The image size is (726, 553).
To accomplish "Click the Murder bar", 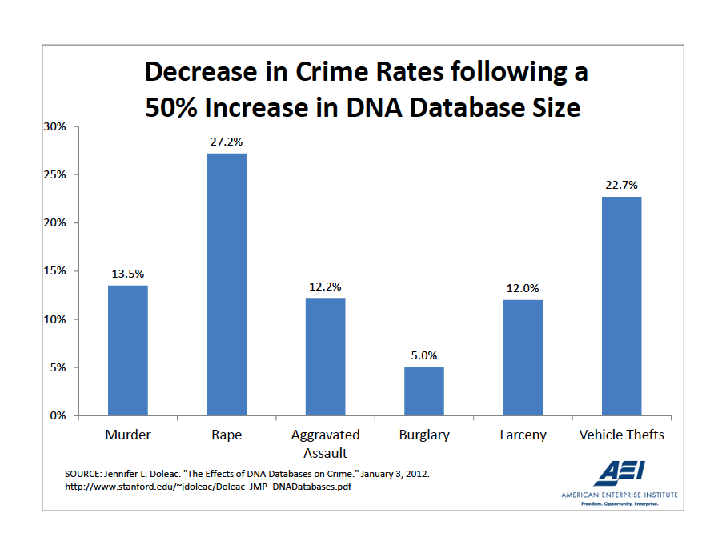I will tap(128, 351).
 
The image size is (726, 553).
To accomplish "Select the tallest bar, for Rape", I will tap(227, 284).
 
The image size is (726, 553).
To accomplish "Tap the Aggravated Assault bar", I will tap(326, 357).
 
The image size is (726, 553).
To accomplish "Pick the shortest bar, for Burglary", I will tap(424, 391).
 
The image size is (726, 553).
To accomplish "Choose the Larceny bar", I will tap(523, 358).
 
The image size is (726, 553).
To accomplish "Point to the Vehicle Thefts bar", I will tap(622, 306).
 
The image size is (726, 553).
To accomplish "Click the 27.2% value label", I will tap(227, 142).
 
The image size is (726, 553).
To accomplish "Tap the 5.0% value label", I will tap(424, 355).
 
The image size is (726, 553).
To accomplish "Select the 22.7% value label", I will tap(622, 185).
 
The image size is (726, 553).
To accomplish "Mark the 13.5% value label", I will tap(128, 274).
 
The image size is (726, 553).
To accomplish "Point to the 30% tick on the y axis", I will tap(56, 126).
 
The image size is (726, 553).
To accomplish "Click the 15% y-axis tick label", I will tap(56, 271).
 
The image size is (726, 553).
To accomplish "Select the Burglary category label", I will tap(424, 435).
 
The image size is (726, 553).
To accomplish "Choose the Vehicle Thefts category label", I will tap(622, 435).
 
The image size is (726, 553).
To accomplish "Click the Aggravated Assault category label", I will tap(326, 444).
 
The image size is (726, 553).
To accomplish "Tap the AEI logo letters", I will tap(620, 473).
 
